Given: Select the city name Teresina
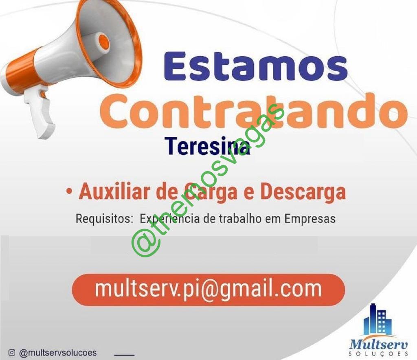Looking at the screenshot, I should pos(208,146).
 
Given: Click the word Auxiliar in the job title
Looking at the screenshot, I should pos(115,192).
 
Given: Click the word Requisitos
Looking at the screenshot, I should pos(102,219).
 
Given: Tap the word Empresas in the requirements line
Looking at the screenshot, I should pos(310,219).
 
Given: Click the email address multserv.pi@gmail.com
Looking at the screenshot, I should pos(208,289).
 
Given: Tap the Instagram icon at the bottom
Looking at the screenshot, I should pos(12,353).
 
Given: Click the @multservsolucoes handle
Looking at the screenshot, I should pos(58,353).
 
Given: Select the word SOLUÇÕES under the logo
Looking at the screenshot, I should pos(378,354).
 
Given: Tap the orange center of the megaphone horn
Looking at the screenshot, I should pos(104,41).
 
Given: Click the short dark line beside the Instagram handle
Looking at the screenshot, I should pos(124,354).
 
